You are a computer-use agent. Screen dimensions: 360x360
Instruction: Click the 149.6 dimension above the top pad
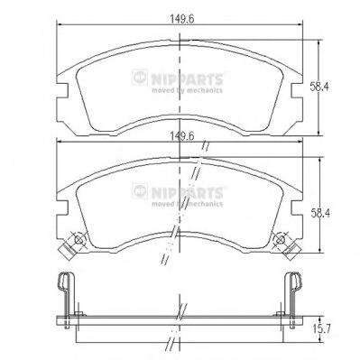182,19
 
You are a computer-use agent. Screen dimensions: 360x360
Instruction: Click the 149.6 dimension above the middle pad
182,136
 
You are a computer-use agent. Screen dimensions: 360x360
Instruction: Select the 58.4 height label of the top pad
320,87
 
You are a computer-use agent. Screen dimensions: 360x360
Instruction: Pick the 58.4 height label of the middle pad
320,213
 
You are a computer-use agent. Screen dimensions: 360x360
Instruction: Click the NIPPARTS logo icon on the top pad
140,78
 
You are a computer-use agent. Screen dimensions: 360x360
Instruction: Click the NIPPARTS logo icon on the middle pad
140,191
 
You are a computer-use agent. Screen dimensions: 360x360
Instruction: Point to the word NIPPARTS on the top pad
187,79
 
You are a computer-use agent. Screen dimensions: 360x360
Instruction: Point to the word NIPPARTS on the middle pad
187,193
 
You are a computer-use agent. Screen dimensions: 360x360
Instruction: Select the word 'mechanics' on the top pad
205,90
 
